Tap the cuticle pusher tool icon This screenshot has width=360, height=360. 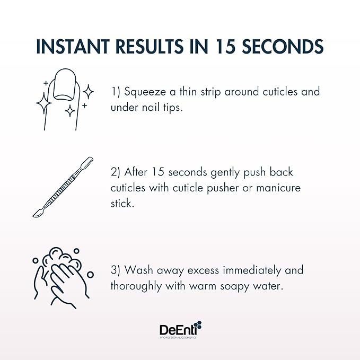(x=63, y=187)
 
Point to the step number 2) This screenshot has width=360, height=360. (x=117, y=173)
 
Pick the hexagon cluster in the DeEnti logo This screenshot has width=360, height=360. (x=197, y=325)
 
